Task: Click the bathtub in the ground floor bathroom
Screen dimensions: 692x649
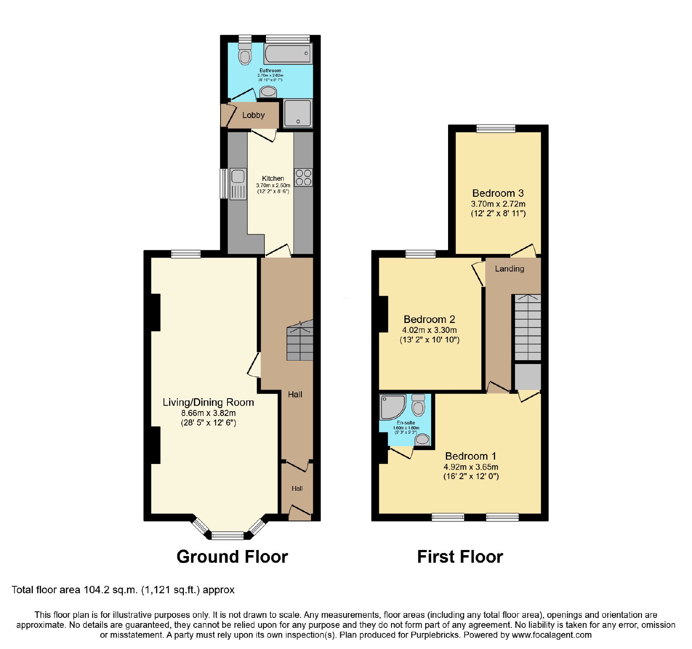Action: (288, 54)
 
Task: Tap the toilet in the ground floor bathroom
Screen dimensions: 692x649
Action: (245, 54)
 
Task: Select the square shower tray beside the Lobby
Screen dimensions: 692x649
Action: (298, 113)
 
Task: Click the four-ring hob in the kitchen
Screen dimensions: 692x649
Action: (303, 177)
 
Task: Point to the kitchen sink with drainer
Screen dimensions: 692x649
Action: (238, 184)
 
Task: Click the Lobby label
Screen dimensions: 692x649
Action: (253, 115)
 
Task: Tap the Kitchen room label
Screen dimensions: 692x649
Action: (273, 178)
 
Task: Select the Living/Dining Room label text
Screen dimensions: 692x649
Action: (208, 402)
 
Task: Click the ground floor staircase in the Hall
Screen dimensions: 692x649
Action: (300, 340)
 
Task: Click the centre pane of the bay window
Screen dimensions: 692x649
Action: (227, 536)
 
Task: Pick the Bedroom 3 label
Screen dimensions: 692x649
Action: (498, 193)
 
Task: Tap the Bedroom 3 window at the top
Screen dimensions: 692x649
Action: (496, 128)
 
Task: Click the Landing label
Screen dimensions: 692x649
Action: (509, 269)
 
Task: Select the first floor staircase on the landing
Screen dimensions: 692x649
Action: (527, 327)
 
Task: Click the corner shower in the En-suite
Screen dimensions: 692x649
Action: (392, 406)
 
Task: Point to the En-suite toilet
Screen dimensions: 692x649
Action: (418, 405)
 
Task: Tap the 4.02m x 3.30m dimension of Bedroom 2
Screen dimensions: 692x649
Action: (429, 330)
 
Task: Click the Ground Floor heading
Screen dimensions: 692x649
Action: (232, 556)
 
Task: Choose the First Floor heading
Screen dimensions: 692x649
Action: (460, 556)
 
